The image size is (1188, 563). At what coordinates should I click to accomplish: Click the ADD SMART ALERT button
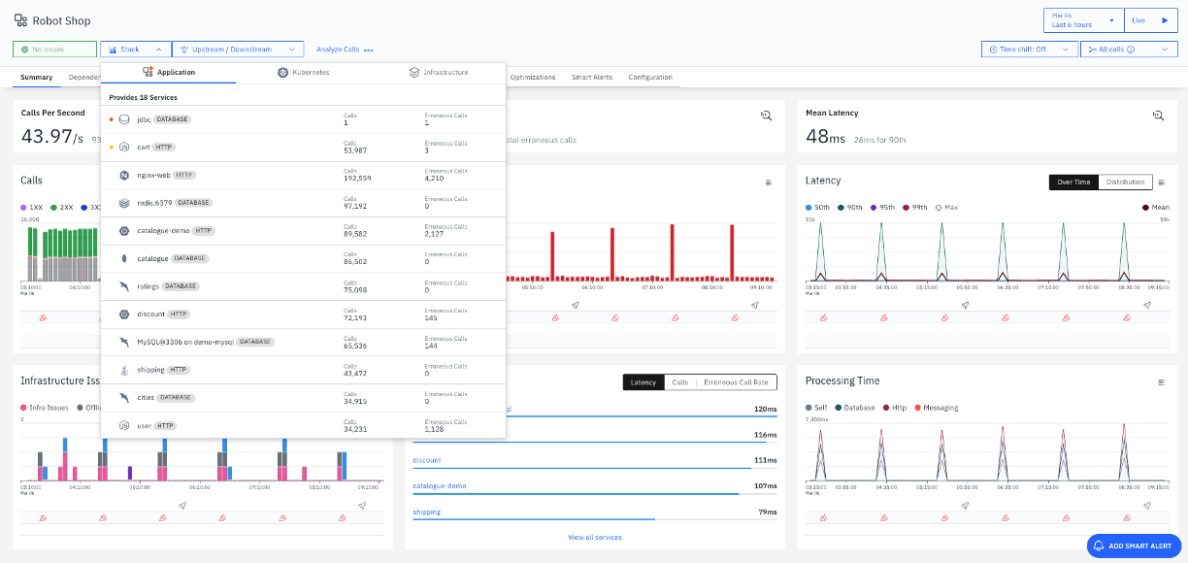1134,546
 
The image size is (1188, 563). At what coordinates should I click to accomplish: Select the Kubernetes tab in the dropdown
303,73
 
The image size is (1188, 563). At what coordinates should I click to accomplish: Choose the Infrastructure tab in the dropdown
439,73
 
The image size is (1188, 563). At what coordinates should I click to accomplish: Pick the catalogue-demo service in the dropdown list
162,231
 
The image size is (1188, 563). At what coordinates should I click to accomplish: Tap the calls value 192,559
357,179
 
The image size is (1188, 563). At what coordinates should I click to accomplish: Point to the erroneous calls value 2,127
439,235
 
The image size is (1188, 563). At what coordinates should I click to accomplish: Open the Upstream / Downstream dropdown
238,50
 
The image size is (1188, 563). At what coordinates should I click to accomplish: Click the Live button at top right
1151,20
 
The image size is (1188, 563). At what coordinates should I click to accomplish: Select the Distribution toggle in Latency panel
1125,182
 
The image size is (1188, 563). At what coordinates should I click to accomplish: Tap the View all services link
594,537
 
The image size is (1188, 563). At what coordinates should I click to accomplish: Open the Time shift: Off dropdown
1029,50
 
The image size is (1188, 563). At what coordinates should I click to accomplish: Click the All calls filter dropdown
1128,50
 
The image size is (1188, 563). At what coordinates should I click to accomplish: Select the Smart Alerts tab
591,77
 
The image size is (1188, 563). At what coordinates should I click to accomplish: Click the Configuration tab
649,77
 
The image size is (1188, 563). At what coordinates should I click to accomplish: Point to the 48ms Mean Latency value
827,138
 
